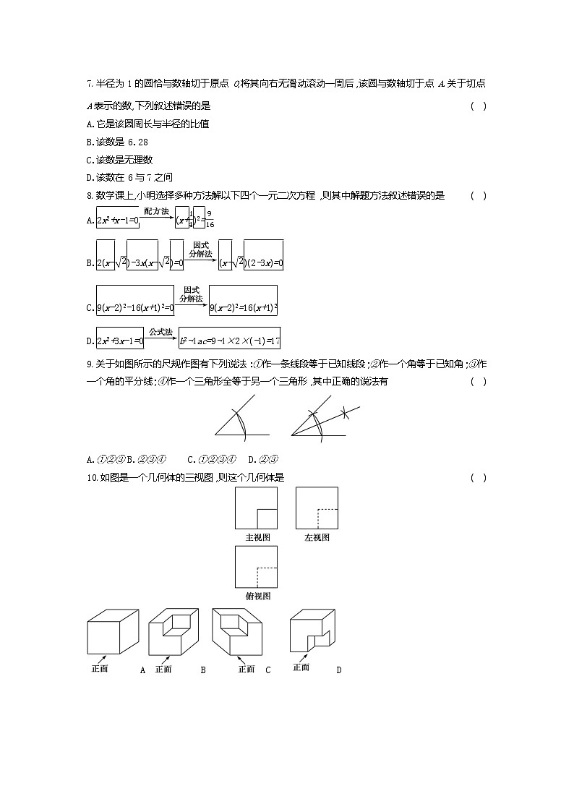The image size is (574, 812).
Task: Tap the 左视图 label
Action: tap(317, 537)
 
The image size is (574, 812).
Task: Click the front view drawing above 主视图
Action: tap(257, 508)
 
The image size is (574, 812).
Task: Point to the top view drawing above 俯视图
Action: tap(257, 567)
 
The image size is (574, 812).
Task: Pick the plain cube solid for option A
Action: tap(112, 633)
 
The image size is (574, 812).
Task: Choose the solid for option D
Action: tap(312, 632)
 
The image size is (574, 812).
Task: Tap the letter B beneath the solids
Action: tap(203, 670)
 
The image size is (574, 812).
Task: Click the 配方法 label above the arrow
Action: tap(156, 211)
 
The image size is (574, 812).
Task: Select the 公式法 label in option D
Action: tap(160, 332)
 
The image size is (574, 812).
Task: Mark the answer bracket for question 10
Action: tap(478, 477)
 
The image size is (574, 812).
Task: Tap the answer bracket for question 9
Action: tap(478, 382)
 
